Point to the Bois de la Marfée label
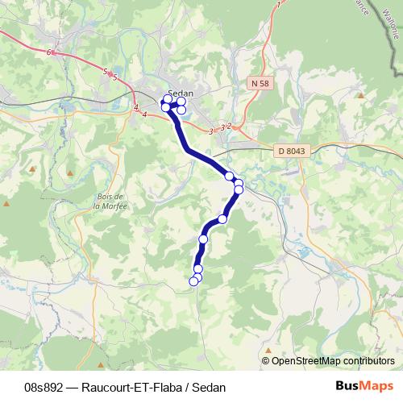click(x=106, y=201)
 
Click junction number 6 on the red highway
click(x=49, y=52)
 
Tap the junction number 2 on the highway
click(x=229, y=126)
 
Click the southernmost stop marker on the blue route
click(x=193, y=280)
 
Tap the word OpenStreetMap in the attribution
click(x=307, y=361)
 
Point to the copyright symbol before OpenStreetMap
click(x=266, y=361)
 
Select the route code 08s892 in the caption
click(x=44, y=387)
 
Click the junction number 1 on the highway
click(x=279, y=5)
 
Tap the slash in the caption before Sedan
click(x=187, y=387)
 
